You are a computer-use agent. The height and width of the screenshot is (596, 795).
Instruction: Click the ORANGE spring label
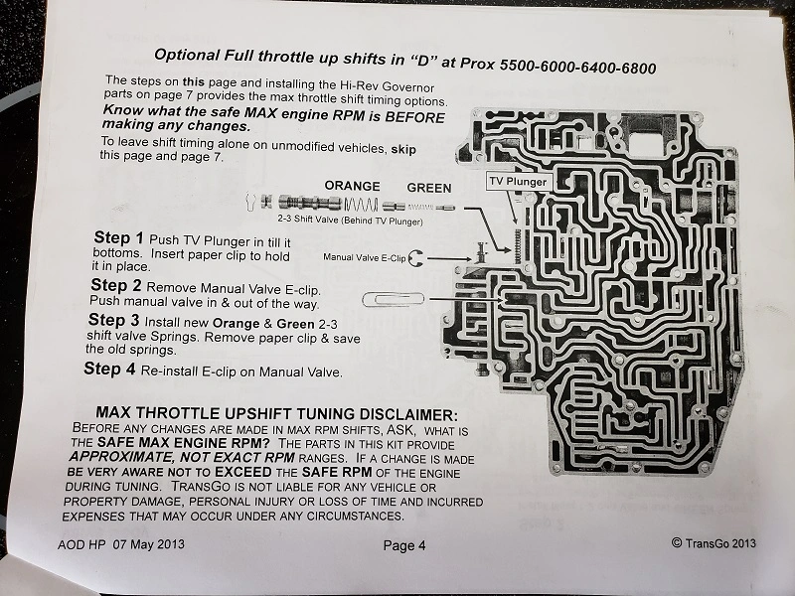353,186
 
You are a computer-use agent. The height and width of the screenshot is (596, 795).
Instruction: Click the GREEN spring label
429,188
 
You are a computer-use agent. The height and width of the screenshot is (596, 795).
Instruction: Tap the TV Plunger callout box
518,182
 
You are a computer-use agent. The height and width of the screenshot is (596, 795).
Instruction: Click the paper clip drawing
394,300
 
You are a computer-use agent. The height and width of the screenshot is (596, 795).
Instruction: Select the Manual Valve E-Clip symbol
414,258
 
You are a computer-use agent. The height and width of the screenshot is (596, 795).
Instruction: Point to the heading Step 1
118,237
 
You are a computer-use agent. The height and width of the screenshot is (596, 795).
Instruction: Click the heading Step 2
116,285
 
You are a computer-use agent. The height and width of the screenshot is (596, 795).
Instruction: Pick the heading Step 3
113,320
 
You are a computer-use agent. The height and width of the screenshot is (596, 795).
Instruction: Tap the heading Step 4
109,369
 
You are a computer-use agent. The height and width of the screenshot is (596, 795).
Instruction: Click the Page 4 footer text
404,545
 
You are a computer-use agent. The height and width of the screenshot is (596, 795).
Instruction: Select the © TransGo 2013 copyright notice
714,542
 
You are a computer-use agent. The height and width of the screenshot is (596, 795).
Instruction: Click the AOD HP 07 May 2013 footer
120,544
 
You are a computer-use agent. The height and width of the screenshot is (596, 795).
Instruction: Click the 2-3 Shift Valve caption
350,221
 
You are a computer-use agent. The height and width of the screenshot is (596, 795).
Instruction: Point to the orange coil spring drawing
361,205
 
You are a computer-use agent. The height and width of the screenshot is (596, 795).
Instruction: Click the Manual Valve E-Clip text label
364,257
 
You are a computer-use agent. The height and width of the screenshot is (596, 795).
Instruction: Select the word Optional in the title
187,55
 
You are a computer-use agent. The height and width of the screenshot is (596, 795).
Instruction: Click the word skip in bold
403,150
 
